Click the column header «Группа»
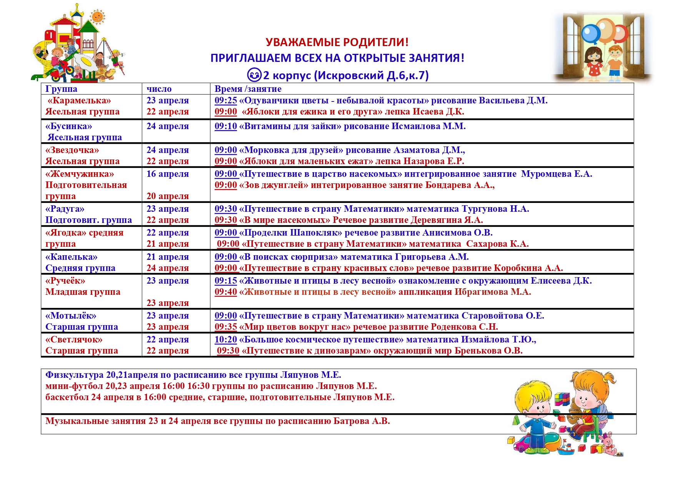pos(61,89)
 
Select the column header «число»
pos(159,89)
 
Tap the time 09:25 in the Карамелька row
pos(225,100)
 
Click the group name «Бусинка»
pos(69,126)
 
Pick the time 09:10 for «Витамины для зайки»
pos(225,126)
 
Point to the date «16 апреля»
pos(167,174)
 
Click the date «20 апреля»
pos(167,196)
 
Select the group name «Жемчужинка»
pos(80,174)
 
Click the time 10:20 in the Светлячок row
pos(225,339)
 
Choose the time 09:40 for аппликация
pos(225,292)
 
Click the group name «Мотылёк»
pos(71,316)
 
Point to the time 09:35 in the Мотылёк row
pos(225,327)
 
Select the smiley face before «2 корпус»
pos(254,75)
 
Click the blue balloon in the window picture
pos(590,34)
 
